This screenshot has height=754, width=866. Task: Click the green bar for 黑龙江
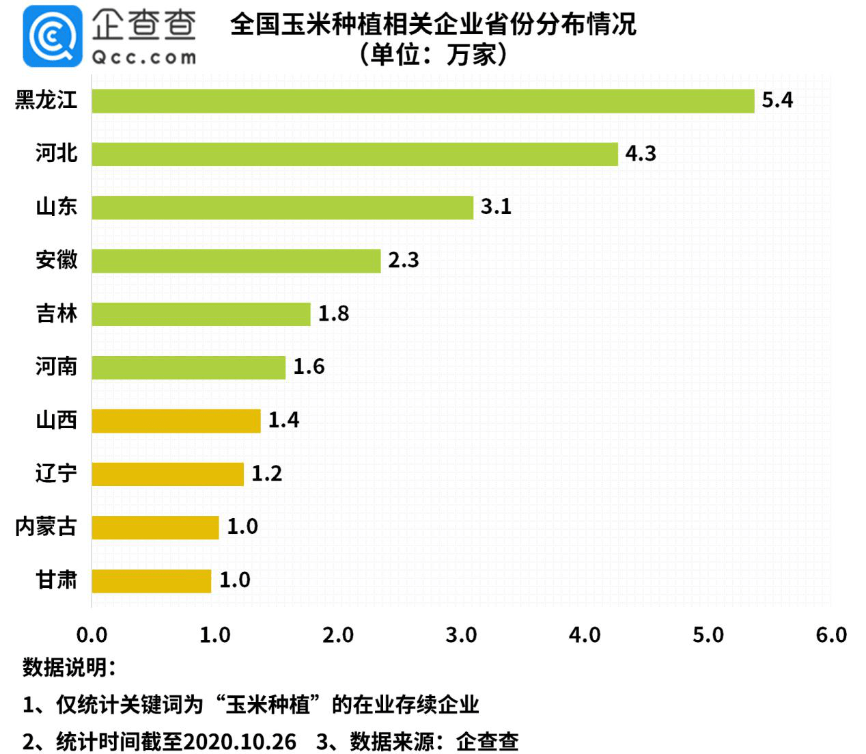pos(423,100)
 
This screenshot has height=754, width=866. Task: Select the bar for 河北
pos(354,154)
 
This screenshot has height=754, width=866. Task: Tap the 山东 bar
pos(282,207)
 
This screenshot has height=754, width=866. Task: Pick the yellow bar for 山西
pos(176,420)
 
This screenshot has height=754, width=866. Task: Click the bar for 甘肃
pos(151,580)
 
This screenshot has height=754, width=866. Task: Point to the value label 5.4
pos(777,100)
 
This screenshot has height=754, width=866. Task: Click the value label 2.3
pos(403,260)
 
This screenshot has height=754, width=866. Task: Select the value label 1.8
pos(333,314)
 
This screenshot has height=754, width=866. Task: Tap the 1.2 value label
pos(266,474)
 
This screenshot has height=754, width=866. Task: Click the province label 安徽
pos(57,260)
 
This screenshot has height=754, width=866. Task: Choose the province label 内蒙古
pos(46,527)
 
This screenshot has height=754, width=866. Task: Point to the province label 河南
pos(57,367)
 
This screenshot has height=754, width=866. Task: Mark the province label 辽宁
pos(57,474)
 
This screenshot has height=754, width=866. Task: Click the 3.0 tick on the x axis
pos(461,635)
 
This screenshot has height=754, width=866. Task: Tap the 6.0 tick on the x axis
pos(830,635)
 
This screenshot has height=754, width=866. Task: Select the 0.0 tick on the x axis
pos(92,635)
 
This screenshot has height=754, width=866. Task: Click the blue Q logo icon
pos(52,36)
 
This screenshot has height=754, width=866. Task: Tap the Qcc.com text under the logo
pos(143,57)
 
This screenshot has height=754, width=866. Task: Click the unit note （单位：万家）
pos(433,54)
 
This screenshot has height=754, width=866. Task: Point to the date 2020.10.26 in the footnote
pos(240,742)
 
